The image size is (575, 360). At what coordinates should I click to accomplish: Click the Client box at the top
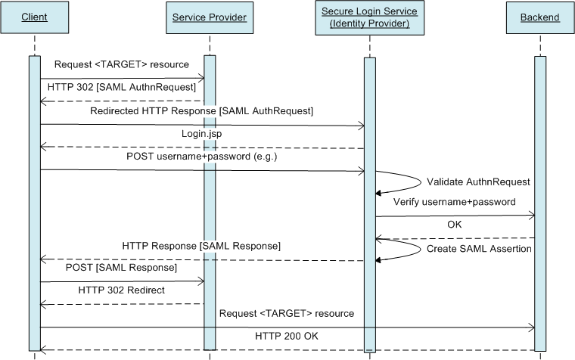pos(34,17)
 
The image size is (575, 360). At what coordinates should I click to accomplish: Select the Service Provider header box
pos(210,17)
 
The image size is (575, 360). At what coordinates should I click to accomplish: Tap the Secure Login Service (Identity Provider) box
pos(369,17)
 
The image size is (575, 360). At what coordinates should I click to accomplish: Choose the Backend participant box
pos(540,17)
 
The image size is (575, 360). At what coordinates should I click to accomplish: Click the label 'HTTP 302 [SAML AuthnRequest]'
pos(121,88)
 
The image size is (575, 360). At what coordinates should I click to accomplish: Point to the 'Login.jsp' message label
pos(202,133)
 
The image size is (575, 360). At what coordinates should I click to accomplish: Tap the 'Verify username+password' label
pos(454,202)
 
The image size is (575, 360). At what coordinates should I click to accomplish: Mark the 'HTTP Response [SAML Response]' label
pos(201,246)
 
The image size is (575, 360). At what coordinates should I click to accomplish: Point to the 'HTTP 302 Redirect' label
pos(121,290)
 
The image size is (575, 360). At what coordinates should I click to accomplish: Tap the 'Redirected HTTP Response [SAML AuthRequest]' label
pos(201,111)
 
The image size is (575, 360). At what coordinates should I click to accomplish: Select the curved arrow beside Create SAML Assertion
pos(409,249)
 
